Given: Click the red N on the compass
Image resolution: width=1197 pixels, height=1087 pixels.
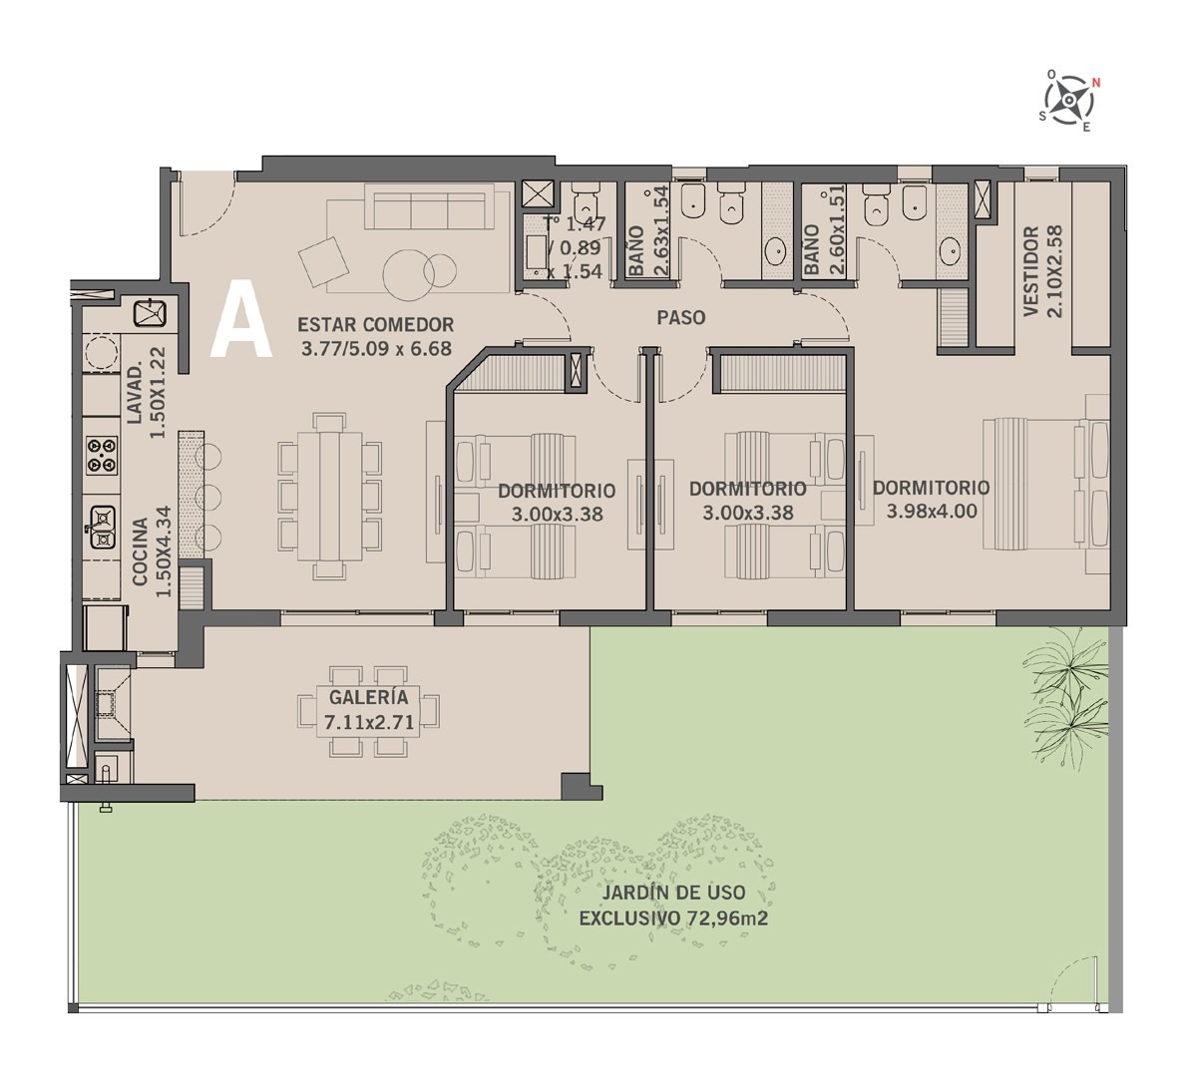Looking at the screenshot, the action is coord(1095,84).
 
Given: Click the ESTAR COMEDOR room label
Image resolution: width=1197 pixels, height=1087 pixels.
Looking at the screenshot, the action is coord(376,325).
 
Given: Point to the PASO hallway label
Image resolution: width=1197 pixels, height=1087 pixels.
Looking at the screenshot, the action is coord(681,317).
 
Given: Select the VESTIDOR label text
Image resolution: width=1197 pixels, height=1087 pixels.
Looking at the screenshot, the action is coord(1031,271).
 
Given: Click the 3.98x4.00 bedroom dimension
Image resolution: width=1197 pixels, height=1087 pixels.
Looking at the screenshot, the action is coord(932,512).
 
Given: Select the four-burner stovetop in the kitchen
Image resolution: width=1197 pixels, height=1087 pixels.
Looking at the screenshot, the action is coord(102,455).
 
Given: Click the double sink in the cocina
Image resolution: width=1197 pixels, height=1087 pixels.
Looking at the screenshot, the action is coord(103,528).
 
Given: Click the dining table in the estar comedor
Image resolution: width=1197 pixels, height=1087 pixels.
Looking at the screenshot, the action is coord(329,497).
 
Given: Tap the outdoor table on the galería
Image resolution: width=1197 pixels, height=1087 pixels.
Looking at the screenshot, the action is coord(369,712).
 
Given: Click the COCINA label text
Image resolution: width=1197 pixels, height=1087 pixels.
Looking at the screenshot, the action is coord(141,551).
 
